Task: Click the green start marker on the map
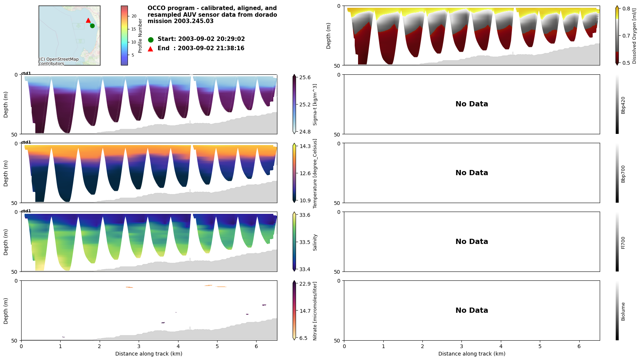[92, 26]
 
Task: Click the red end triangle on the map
[88, 20]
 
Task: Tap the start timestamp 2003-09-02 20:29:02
[201, 39]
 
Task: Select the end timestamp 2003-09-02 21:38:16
[201, 48]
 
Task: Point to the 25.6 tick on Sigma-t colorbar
[305, 77]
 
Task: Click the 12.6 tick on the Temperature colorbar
[305, 173]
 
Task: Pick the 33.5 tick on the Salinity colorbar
[305, 242]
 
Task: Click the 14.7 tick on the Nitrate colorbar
[305, 311]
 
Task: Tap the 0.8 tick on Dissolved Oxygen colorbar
[626, 9]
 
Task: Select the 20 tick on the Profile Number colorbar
[134, 16]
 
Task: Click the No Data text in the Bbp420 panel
[471, 104]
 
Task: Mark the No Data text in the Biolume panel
[471, 311]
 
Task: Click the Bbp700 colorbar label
[623, 174]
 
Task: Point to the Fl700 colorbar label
[623, 243]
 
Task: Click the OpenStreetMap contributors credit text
[59, 61]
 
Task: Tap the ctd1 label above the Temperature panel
[26, 142]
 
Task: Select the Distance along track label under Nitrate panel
[149, 354]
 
